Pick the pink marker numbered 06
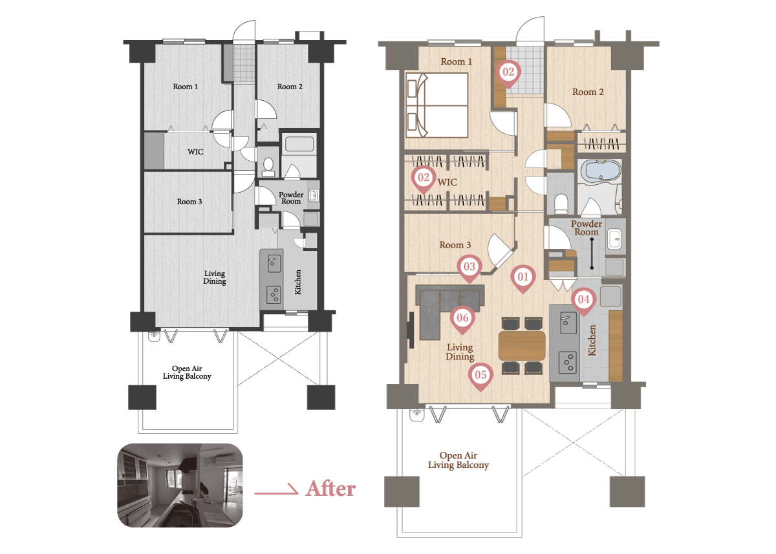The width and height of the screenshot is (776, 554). coord(462,319)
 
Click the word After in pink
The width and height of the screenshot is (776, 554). coord(330,489)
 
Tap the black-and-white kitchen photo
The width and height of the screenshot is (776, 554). coord(180,485)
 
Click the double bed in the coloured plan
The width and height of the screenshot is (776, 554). coord(436,105)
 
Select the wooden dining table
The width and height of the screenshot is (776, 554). coord(522,346)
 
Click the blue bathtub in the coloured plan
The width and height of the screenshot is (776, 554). coord(601,171)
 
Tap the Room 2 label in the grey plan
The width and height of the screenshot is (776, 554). coord(290,87)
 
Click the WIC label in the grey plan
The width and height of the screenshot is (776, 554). coord(195,152)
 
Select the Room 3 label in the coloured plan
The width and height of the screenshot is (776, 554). coord(455,245)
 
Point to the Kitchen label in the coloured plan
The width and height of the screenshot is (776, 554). coord(592,341)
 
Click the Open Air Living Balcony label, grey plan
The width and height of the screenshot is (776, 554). coord(187,372)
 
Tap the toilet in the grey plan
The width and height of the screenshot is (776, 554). coord(268,167)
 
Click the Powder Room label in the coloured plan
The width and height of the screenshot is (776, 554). coord(586,228)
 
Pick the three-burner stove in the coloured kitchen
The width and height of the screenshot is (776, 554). coord(567,362)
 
